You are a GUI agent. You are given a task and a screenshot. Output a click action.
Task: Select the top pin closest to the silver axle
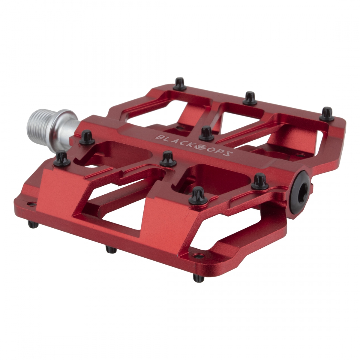tap(86, 135)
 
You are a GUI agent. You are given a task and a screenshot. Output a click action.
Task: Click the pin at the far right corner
tap(326, 113)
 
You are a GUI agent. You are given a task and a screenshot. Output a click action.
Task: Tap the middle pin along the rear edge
tap(249, 98)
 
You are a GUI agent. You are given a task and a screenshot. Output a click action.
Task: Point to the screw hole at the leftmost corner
tap(29, 204)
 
